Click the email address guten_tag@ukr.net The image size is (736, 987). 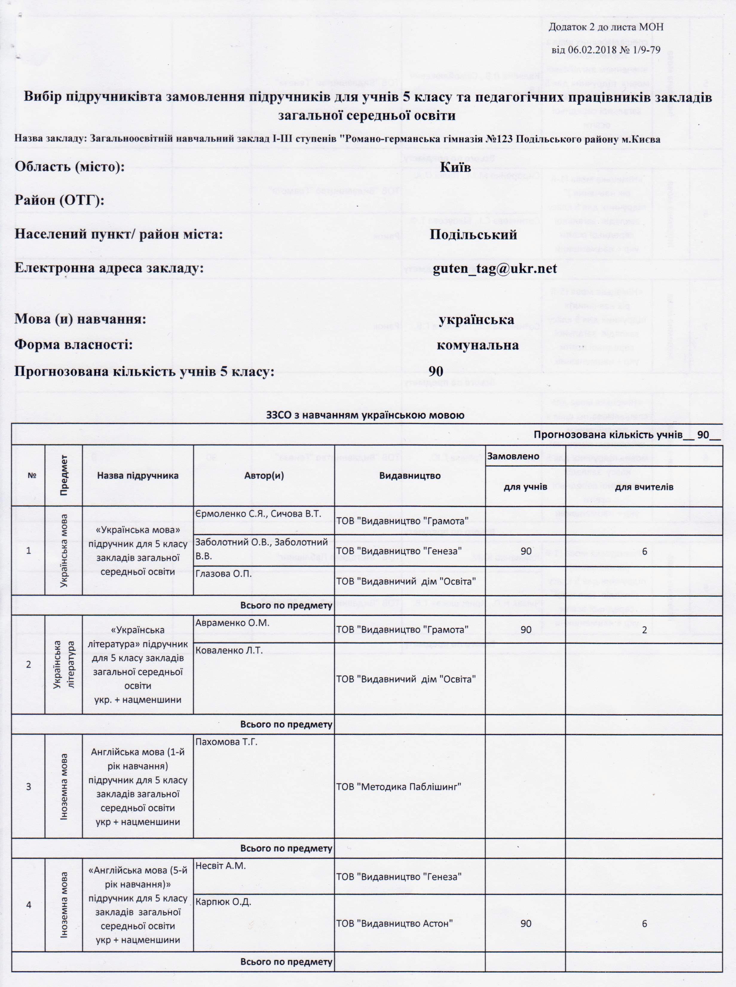click(495, 269)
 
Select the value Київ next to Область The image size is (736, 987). click(455, 167)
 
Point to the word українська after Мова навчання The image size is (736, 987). click(476, 319)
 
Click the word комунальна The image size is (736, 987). click(477, 345)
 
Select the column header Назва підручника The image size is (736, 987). click(138, 475)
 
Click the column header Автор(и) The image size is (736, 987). click(264, 475)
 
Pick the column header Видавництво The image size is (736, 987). click(409, 475)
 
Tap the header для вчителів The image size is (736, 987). click(644, 487)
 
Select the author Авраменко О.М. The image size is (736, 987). click(232, 623)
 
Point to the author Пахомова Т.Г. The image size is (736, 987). click(226, 742)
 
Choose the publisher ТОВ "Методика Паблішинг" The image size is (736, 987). click(398, 786)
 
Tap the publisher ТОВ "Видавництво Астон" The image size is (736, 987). click(394, 923)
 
